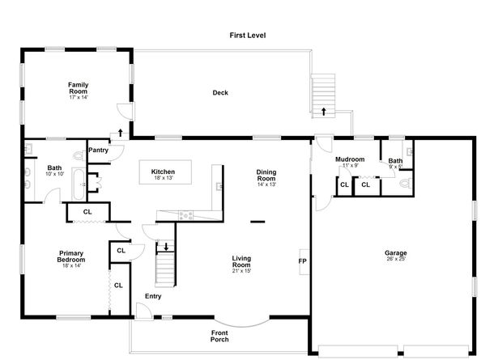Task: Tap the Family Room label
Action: (x=78, y=88)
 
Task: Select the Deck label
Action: (x=220, y=93)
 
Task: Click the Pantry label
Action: (x=99, y=150)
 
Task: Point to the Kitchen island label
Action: (x=164, y=172)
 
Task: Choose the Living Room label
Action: (x=241, y=262)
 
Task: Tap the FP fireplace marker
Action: (x=302, y=261)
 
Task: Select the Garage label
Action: (x=396, y=253)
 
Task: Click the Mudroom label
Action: (x=350, y=160)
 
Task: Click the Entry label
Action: (x=154, y=297)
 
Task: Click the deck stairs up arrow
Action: (x=323, y=111)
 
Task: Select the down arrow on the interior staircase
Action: (x=165, y=247)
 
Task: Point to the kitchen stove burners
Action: (x=185, y=214)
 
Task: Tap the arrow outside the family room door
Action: (x=121, y=131)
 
